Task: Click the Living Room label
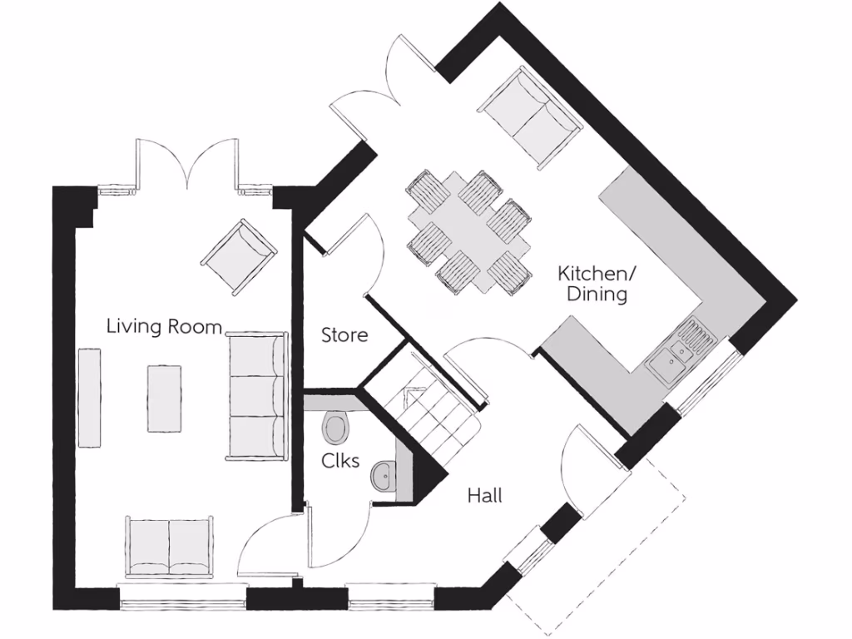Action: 164,325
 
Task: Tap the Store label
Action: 344,335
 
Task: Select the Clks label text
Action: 341,459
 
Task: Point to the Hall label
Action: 484,496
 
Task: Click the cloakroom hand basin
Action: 385,478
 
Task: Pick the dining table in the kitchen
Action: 469,231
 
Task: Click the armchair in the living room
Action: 239,255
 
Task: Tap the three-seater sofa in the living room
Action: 257,395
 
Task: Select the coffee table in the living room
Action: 165,398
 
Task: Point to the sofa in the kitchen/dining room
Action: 529,116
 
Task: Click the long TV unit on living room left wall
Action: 90,398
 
